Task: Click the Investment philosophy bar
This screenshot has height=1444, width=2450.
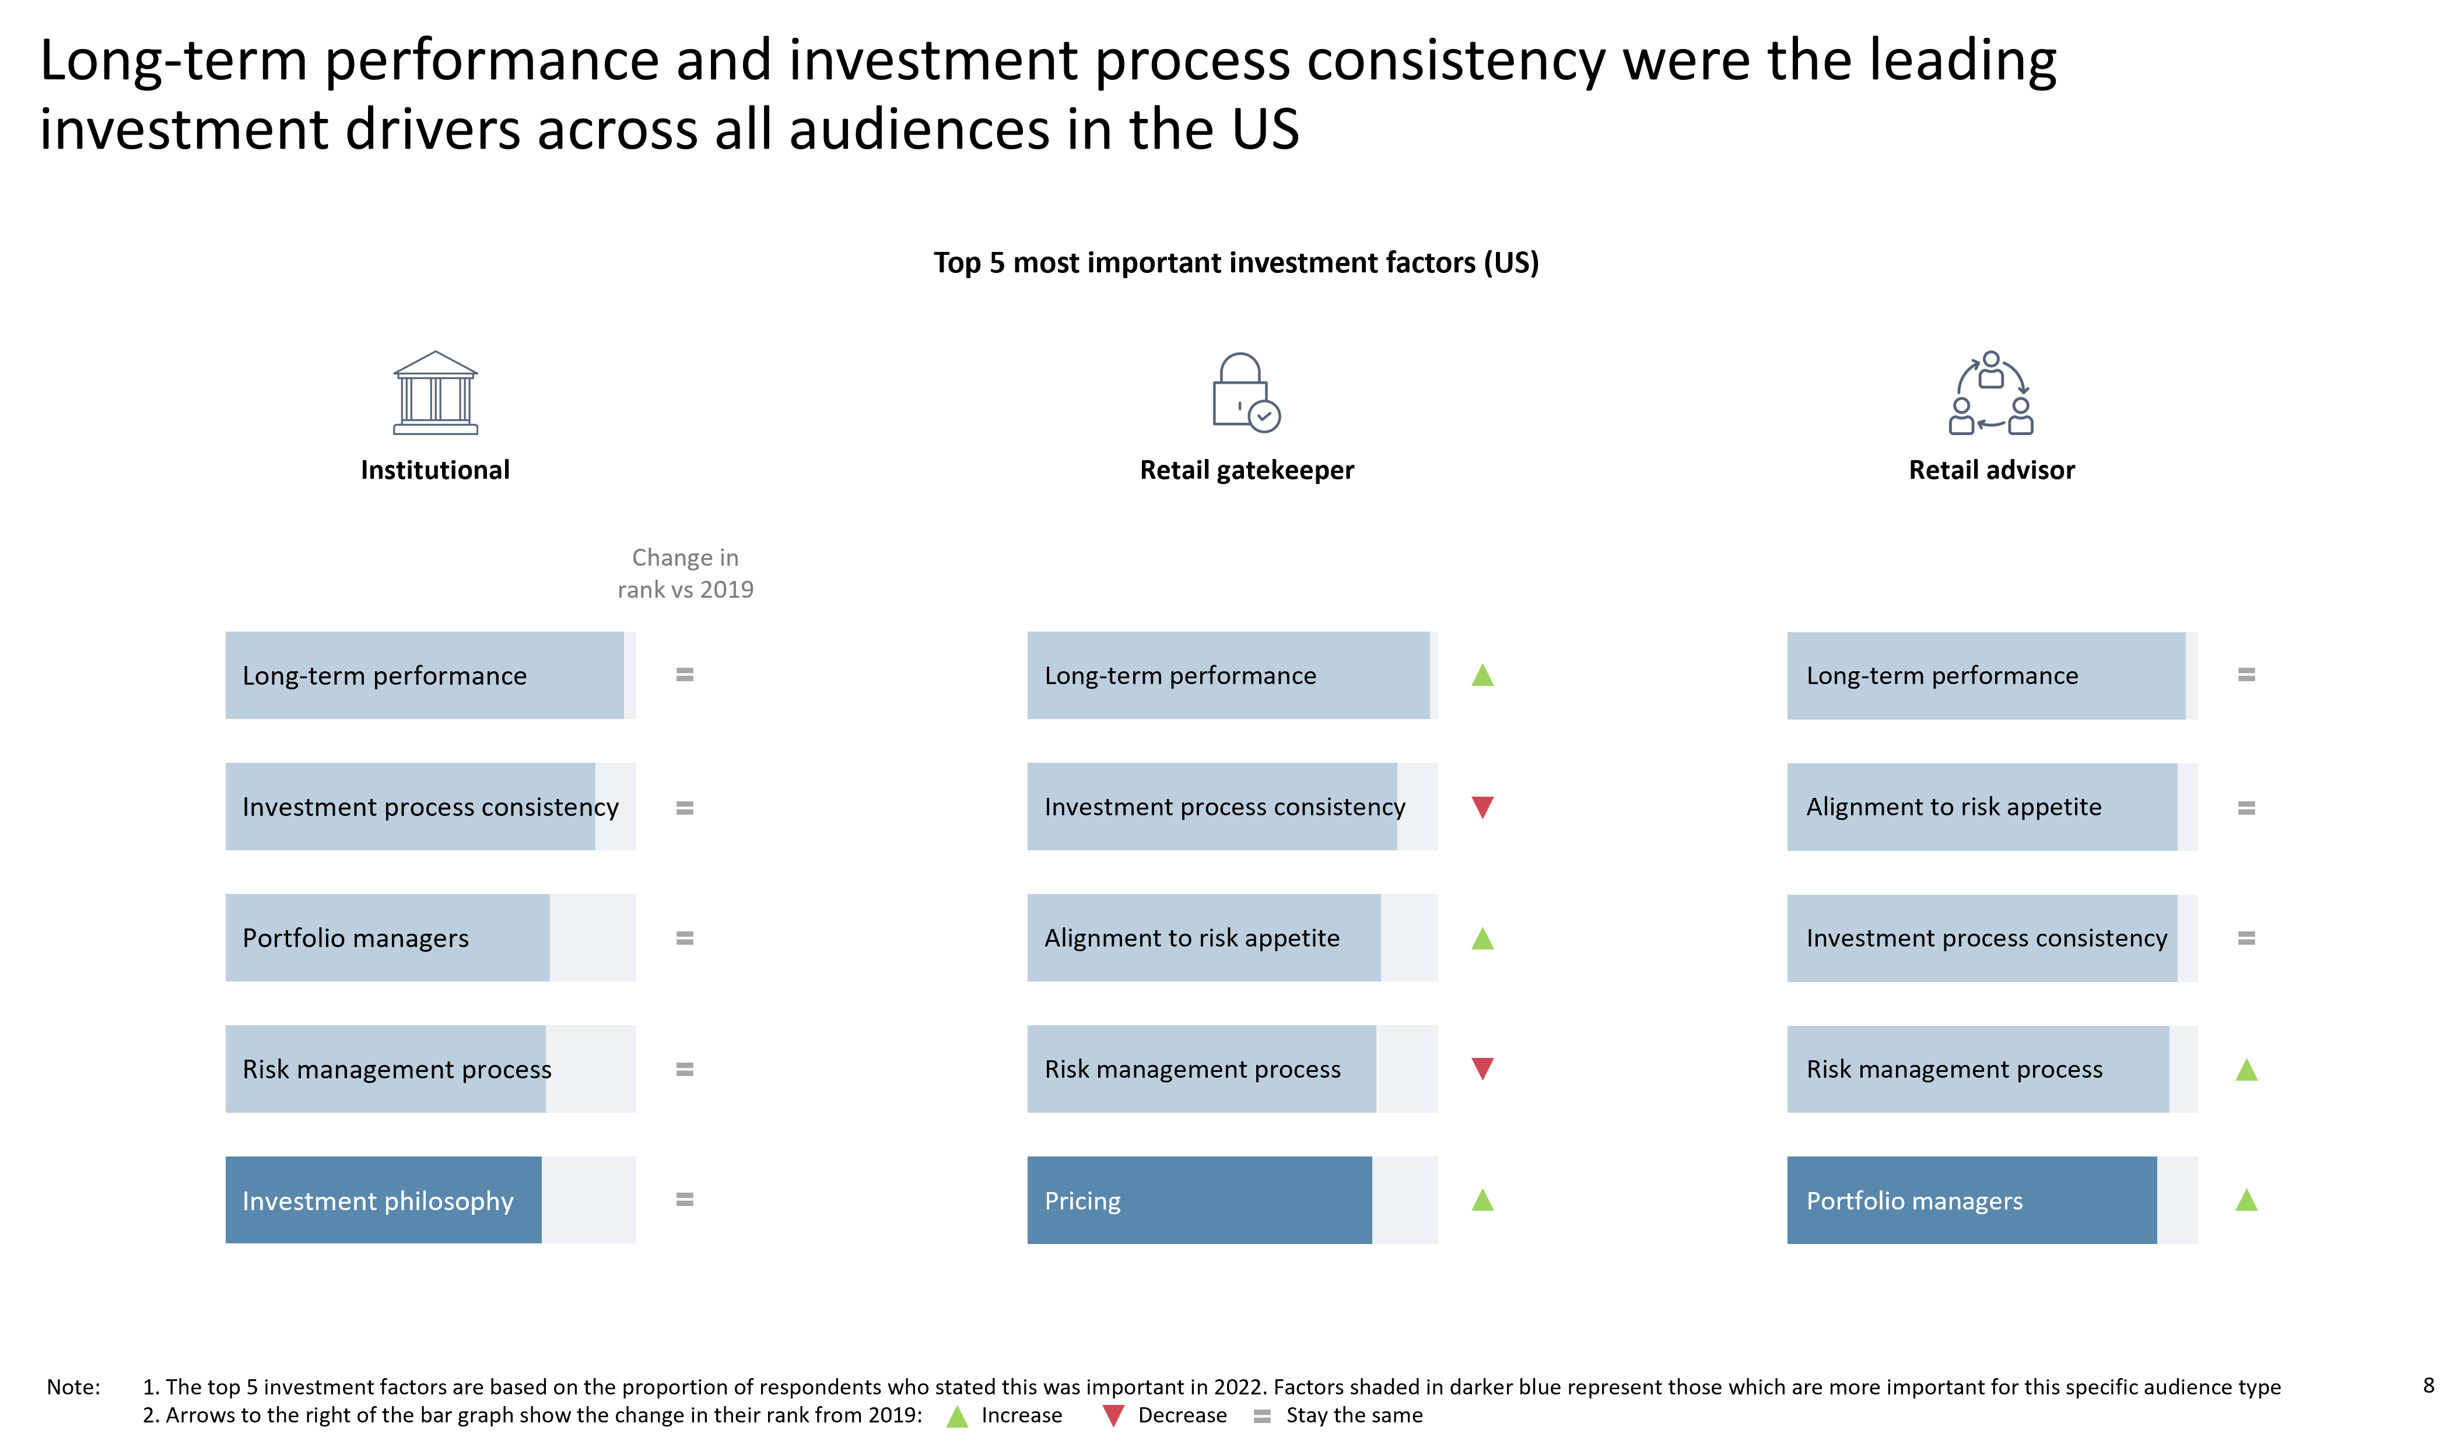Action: point(383,1199)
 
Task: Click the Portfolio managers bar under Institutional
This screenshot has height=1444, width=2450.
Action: point(387,937)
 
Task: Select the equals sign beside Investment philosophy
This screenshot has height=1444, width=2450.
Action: point(685,1200)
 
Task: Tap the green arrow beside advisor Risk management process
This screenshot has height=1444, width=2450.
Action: point(2246,1070)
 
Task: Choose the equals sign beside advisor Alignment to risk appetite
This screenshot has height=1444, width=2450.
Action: point(2246,808)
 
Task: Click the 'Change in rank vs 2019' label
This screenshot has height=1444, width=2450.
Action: point(685,573)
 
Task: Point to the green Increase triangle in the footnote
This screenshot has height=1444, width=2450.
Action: point(958,1416)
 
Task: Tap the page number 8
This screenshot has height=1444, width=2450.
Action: point(2428,1385)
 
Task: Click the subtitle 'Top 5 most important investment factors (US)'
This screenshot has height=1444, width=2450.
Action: point(1236,262)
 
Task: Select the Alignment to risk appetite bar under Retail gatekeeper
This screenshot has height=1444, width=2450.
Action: point(1204,937)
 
